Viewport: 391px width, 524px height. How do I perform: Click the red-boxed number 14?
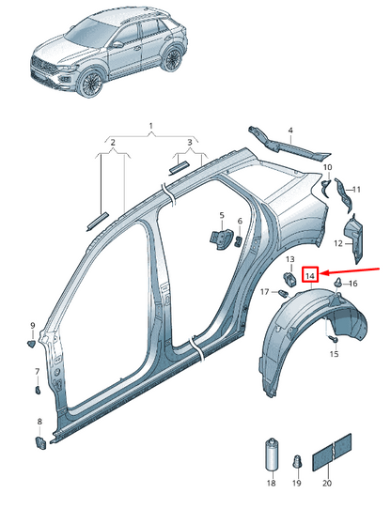click(308, 276)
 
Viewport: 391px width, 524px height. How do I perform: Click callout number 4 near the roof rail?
click(290, 130)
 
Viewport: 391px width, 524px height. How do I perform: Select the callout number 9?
click(32, 326)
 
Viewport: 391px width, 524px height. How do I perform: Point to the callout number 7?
click(37, 372)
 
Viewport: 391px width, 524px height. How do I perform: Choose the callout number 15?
click(334, 354)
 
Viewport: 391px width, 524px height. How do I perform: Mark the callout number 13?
click(289, 259)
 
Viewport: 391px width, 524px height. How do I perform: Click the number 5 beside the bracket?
click(222, 215)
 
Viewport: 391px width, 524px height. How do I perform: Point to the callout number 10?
click(327, 168)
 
